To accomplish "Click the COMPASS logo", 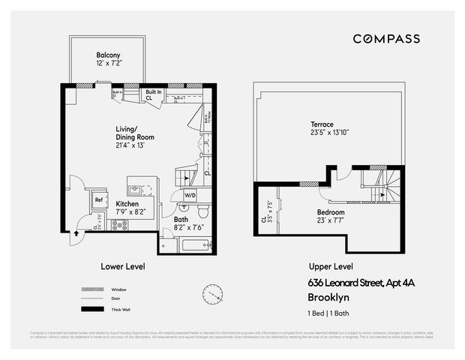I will [386, 39].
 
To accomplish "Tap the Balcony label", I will [109, 59].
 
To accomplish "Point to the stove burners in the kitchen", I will [119, 224].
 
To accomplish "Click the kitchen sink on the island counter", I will [134, 190].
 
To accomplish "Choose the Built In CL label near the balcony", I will [148, 94].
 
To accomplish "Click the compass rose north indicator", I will [212, 293].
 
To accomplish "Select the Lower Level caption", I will [122, 266].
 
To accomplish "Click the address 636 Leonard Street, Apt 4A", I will [361, 283].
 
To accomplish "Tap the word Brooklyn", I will [329, 296].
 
